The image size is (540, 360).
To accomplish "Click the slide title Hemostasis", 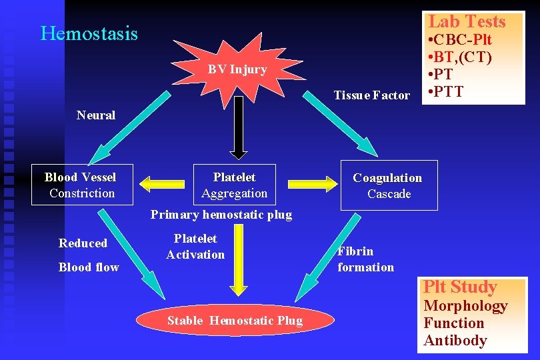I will point(89,33).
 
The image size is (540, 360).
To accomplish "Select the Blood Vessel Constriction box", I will point(81,185).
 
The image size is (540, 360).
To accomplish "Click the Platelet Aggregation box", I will point(234,185).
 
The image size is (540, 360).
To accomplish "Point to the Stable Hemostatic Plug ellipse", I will point(235,321).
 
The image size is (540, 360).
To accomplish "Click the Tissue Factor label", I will point(372,95).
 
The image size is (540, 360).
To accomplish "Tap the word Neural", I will point(95,115).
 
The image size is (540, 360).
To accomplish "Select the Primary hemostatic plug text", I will point(221,215).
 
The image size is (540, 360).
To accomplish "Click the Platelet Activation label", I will point(195,246).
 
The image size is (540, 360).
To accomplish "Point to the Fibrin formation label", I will point(365,259).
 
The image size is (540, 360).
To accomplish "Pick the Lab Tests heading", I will point(467,21).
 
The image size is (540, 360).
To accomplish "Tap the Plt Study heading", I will point(460,287).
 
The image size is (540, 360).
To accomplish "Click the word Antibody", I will point(455,341).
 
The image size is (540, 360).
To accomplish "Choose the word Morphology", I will point(465,306).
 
